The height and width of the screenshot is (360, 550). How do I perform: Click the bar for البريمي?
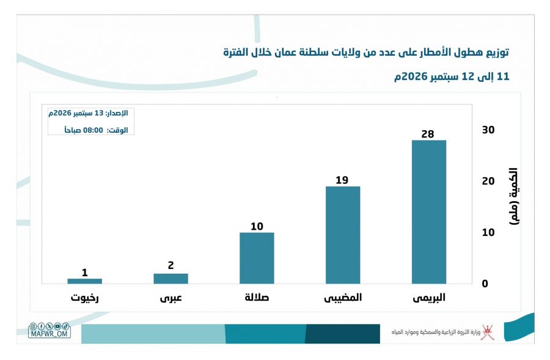(x=428, y=212)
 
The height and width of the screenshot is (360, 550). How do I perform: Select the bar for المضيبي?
(x=343, y=235)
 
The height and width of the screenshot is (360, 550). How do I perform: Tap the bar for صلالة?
(x=257, y=258)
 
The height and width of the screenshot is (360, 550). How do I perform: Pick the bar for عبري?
(x=171, y=279)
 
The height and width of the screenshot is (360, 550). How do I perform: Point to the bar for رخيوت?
(x=84, y=281)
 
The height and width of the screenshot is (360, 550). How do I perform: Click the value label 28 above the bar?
(x=428, y=134)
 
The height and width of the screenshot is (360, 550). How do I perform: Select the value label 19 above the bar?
(x=342, y=180)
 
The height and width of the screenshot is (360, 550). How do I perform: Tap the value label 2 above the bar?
(x=171, y=265)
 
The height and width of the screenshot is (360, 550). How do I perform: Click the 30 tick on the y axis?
(x=488, y=130)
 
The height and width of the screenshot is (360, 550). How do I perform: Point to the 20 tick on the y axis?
(x=488, y=181)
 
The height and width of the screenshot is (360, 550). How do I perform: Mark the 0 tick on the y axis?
(x=485, y=284)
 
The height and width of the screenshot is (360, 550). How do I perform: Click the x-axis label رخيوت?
(x=84, y=298)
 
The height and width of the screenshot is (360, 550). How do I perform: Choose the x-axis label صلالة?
(x=257, y=298)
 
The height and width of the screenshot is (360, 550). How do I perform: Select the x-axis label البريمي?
(x=428, y=298)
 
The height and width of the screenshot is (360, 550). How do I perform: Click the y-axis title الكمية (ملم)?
(x=513, y=196)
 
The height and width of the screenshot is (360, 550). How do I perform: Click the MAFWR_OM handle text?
(x=49, y=334)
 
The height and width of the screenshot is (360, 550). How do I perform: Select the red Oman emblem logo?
(x=488, y=332)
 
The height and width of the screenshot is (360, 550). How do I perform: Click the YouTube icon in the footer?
(x=57, y=326)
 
